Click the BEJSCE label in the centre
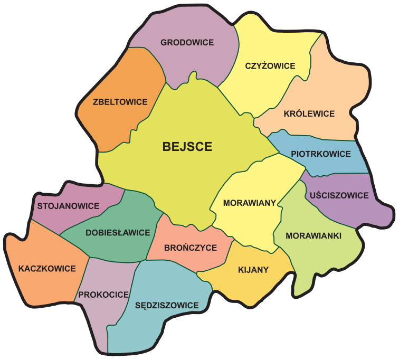(187, 147)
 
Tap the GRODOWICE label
(187, 43)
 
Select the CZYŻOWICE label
(270, 66)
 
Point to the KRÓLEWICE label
(309, 113)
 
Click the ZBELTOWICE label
(120, 102)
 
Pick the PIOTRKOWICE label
(321, 154)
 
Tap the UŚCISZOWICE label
(339, 195)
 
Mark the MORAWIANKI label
(313, 235)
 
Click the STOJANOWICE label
(68, 206)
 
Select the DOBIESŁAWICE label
(118, 232)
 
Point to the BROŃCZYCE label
(190, 248)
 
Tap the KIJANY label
(253, 270)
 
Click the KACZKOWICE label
(47, 269)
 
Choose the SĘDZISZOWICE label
(167, 305)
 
